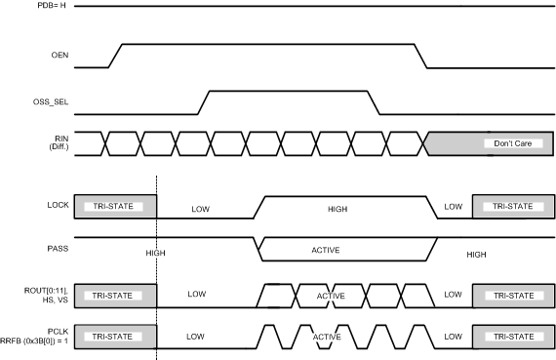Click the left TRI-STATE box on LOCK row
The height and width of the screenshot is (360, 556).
pos(115,207)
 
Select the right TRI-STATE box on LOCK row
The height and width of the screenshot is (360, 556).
pos(512,207)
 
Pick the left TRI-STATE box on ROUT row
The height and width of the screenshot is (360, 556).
pos(115,294)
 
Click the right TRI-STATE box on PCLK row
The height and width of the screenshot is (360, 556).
pos(512,336)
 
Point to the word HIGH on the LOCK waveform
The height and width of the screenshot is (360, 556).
pos(337,208)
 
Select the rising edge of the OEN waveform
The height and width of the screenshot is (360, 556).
pos(113,56)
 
